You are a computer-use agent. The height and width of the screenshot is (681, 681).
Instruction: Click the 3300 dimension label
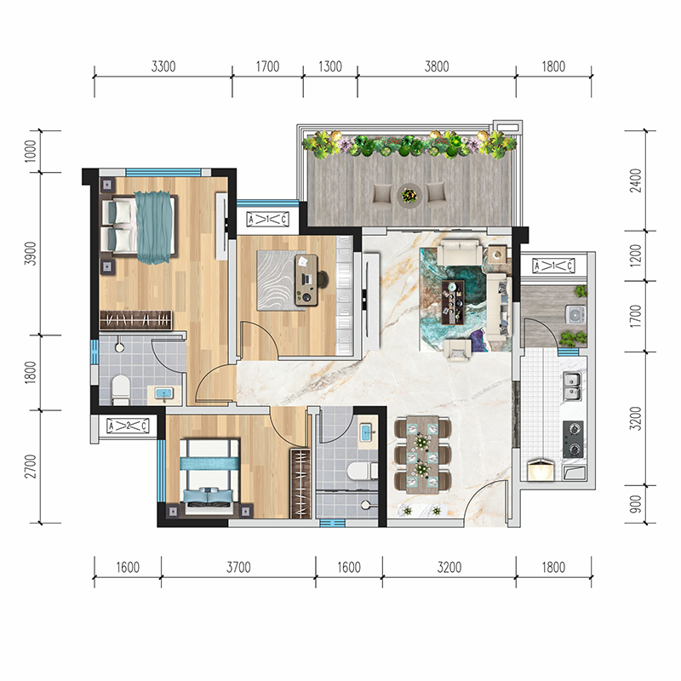[x=163, y=66]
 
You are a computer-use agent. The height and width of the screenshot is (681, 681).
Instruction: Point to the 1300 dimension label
[x=330, y=66]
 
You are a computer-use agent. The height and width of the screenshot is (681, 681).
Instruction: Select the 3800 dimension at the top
[x=437, y=66]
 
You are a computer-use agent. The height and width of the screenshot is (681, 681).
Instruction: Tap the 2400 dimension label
[x=635, y=180]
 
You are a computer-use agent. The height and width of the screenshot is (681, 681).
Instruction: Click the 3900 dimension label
[x=31, y=254]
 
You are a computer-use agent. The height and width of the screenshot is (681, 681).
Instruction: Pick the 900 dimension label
[x=635, y=504]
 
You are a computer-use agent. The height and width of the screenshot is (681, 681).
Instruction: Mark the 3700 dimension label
[x=238, y=567]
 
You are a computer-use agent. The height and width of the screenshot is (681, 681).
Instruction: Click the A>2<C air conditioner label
[x=128, y=426]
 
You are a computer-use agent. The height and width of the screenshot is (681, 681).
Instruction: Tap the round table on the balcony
[x=409, y=195]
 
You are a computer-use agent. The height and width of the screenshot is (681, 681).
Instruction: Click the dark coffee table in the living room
[x=453, y=302]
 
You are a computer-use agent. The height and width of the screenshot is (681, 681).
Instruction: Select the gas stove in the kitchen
[x=573, y=439]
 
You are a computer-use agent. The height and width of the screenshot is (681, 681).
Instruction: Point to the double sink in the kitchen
[x=573, y=386]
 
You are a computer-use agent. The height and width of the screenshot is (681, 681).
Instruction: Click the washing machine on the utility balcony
[x=575, y=315]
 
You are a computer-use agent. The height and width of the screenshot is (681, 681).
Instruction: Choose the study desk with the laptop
[x=306, y=280]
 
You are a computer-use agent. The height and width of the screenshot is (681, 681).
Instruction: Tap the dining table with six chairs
[x=422, y=455]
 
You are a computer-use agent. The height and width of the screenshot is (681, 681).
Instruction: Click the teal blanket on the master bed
[x=154, y=227]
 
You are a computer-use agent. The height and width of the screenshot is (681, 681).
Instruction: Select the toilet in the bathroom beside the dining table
[x=363, y=471]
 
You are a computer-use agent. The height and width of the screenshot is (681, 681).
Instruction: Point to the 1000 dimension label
[x=31, y=152]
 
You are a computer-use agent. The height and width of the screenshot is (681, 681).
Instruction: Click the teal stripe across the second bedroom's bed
[x=209, y=463]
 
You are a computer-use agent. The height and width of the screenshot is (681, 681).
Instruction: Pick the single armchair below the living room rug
[x=457, y=350]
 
